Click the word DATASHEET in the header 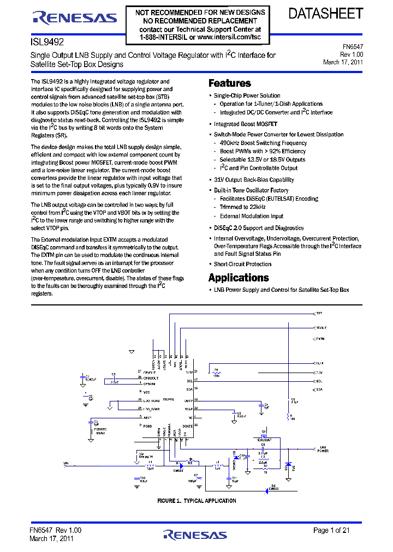325,14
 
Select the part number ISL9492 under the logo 44,41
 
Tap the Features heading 230,83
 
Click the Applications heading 239,277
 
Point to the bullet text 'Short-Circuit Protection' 242,264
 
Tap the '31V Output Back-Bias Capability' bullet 254,179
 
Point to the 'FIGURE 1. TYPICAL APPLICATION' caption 196,501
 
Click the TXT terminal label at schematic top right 319,314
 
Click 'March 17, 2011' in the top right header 343,62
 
